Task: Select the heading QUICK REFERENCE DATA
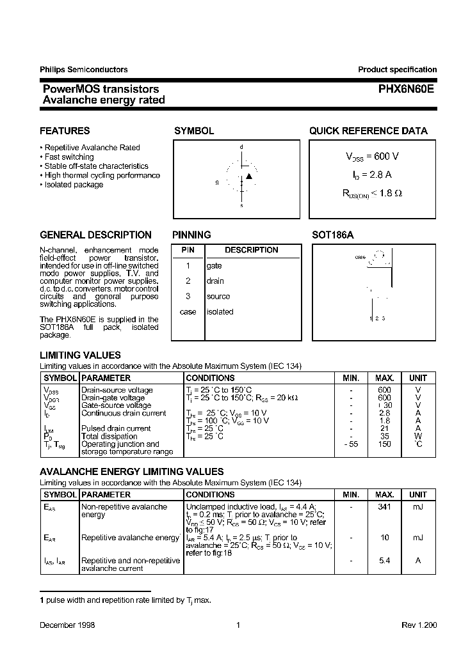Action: pos(368,131)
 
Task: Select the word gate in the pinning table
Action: pos(214,265)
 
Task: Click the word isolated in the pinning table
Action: pos(220,312)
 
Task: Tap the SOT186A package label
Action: pos(333,235)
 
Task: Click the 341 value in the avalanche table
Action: pos(384,507)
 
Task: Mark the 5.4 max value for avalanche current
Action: pos(384,561)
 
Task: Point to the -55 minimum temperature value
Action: pos(350,444)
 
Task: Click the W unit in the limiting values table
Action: pos(418,436)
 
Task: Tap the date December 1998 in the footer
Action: pos(67,625)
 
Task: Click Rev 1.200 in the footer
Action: pos(419,625)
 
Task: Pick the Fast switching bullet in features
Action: pos(69,157)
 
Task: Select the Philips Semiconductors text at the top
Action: pos(83,70)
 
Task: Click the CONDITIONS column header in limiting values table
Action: pos(210,378)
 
